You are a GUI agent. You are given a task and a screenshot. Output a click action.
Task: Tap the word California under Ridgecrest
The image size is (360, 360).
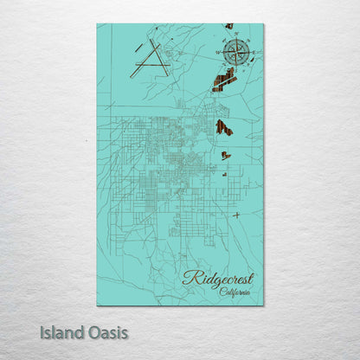pos(235,292)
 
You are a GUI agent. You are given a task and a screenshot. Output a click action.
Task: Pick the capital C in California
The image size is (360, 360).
pos(222,292)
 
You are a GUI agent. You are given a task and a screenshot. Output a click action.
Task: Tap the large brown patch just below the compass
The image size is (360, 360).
pos(225,80)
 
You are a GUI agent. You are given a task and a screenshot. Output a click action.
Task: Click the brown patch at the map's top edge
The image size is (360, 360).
pos(229,26)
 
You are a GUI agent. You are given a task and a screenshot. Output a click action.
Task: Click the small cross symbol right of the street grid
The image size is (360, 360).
pos(236,215)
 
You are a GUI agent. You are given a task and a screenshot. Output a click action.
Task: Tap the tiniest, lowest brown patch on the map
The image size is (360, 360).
pos(225,174)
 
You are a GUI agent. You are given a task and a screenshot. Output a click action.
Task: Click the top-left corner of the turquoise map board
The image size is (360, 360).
pos(98,24)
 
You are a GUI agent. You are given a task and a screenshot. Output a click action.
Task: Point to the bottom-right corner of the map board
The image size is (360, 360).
pos(263,305)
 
